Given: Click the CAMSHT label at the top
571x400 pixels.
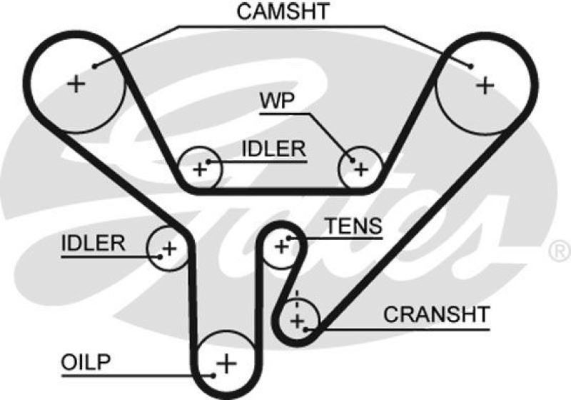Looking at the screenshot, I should [283, 11].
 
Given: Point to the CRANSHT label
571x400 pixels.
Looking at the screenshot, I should [436, 314].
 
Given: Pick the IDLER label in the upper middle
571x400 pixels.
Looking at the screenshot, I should [273, 149].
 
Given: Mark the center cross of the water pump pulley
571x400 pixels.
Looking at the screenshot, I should [361, 169].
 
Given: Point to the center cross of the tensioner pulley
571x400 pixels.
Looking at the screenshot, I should [281, 246].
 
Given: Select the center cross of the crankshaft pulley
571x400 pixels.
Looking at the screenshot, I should [297, 317].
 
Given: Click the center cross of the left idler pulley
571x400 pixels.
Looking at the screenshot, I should [169, 249].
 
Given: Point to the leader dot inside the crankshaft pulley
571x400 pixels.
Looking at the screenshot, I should [306, 329].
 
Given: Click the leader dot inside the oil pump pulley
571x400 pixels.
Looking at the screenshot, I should [213, 373].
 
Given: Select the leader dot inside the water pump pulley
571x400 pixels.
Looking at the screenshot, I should [350, 160].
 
